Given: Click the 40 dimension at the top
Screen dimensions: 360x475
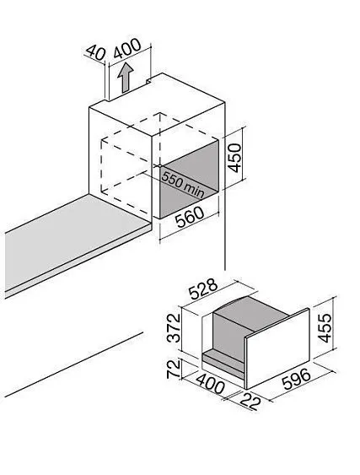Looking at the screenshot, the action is coord(95,53).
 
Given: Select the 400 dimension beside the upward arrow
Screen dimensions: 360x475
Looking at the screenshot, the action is coord(127,48).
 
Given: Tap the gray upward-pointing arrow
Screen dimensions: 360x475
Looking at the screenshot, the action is coord(126,78).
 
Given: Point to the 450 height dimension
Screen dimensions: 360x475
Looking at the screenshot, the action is coord(234,158).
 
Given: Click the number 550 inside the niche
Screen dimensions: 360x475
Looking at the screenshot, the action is coord(172,180).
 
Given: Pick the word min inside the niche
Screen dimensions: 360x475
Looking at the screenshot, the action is coord(194,190).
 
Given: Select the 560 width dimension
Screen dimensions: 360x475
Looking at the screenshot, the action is coord(190,217).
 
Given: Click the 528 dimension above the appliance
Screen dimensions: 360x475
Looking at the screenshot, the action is coord(203,288).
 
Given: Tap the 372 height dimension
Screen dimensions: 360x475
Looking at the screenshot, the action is coord(174,328).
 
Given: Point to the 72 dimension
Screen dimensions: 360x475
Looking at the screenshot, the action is coord(174,369).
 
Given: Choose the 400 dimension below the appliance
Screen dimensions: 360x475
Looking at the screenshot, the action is coord(210,384).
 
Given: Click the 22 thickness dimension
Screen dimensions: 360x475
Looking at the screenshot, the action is coord(250,402).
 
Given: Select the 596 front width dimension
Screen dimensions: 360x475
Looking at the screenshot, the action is coord(297,380).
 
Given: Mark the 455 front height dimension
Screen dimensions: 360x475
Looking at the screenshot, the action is coord(325,328).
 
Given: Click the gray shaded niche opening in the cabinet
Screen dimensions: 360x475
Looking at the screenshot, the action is coord(189,179).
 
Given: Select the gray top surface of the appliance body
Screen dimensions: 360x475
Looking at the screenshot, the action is coord(251,313).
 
